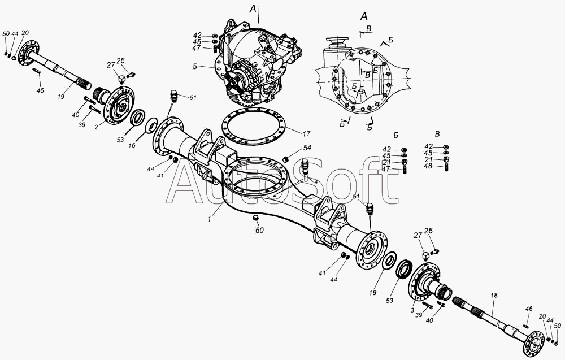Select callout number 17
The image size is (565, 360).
tap(306, 134)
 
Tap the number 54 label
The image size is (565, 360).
tap(307, 148)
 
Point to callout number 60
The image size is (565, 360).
tap(259, 230)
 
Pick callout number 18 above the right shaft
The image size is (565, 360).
tap(494, 295)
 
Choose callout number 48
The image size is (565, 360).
tap(428, 166)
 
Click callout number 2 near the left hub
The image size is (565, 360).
tap(97, 127)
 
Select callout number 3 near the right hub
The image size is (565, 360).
tap(412, 309)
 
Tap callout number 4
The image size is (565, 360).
tap(316, 182)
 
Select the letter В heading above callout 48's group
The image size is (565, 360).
tap(437, 135)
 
